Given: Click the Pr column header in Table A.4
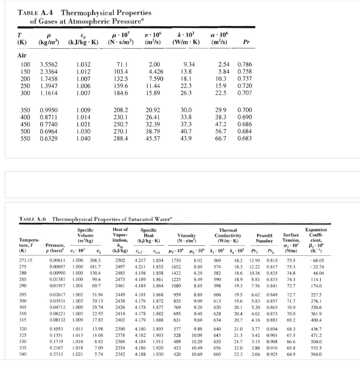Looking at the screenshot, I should click(x=247, y=42).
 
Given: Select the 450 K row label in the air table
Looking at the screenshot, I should click(x=26, y=124).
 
